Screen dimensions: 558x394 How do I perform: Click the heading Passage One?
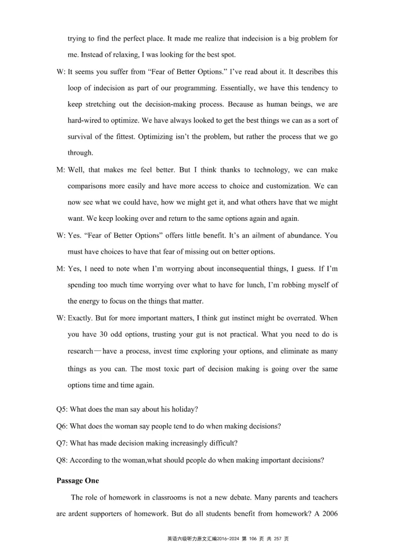coord(77,481)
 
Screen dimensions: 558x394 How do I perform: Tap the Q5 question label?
coord(63,410)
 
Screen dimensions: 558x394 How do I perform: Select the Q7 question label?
coord(63,443)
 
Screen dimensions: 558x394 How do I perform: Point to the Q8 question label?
coord(63,460)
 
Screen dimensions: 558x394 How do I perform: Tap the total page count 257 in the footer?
coord(277,539)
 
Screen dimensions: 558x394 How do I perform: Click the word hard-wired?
coord(85,120)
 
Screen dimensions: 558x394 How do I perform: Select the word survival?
coord(81,137)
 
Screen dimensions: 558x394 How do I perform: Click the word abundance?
coord(300,236)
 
